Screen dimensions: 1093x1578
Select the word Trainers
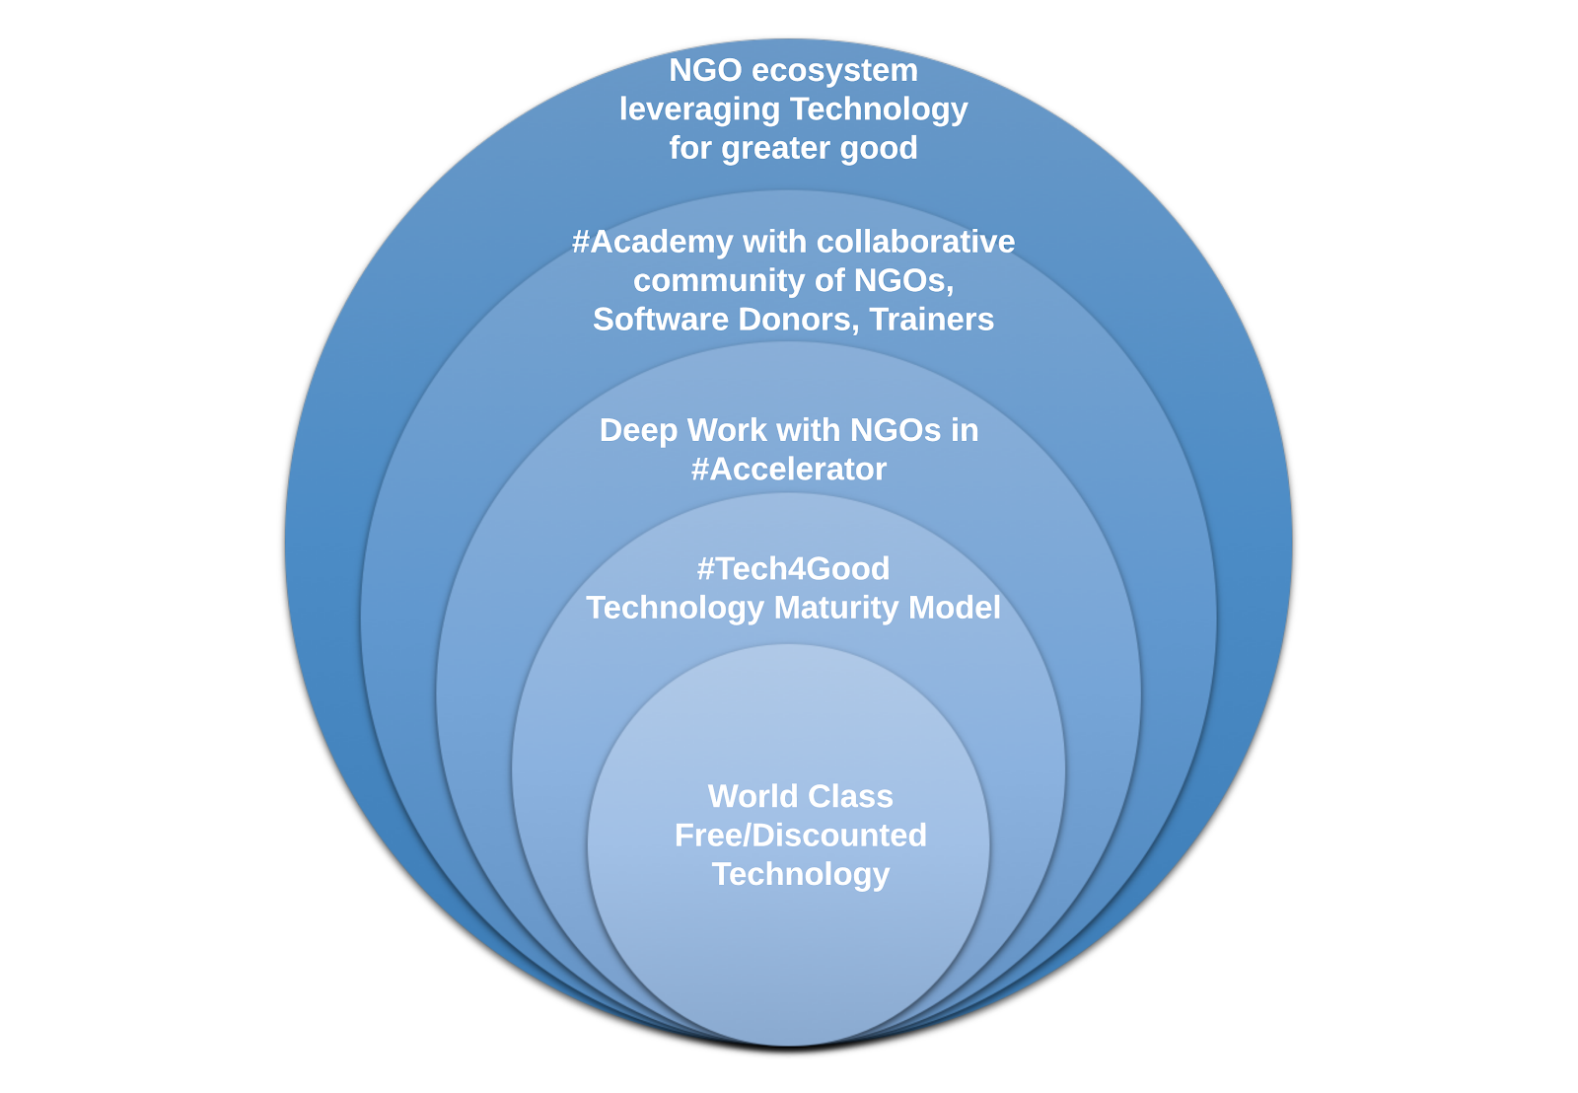point(932,320)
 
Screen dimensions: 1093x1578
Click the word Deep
point(638,431)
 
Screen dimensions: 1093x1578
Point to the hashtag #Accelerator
point(788,470)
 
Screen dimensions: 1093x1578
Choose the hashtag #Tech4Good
point(793,569)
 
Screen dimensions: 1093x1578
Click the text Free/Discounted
point(800,836)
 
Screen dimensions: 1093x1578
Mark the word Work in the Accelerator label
point(727,431)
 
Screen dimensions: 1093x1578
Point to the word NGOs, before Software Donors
point(903,281)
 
